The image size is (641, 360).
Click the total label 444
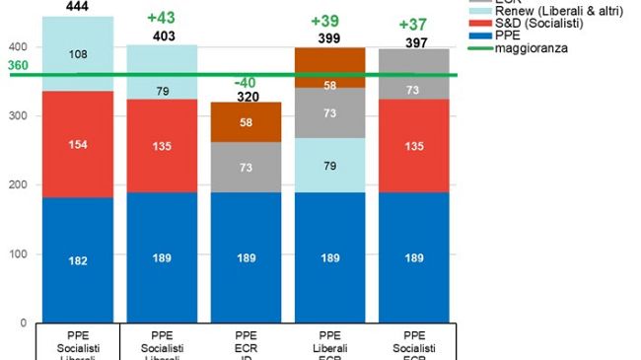pyautogui.click(x=77, y=7)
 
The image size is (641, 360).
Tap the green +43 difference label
pyautogui.click(x=161, y=20)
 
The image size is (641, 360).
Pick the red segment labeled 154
pyautogui.click(x=77, y=145)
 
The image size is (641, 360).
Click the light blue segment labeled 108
pyautogui.click(x=77, y=54)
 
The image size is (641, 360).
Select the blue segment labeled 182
pyautogui.click(x=77, y=260)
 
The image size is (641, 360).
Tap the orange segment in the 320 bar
pyautogui.click(x=246, y=121)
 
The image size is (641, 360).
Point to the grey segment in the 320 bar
pyautogui.click(x=246, y=168)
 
